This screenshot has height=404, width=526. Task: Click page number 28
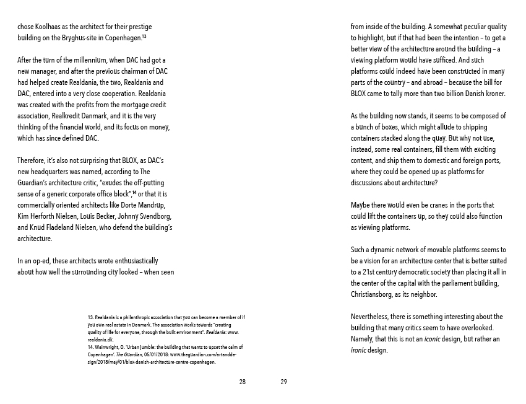pos(242,382)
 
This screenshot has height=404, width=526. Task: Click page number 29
pos(283,382)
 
